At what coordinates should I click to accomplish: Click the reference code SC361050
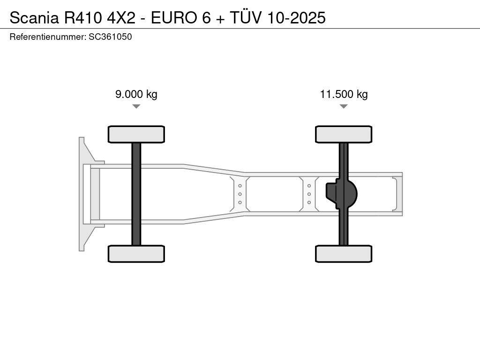coord(110,37)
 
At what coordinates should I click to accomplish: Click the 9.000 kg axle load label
coord(136,94)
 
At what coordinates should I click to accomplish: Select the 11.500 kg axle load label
coord(344,94)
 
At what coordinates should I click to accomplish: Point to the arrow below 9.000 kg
coord(136,106)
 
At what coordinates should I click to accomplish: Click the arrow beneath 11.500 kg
coord(344,106)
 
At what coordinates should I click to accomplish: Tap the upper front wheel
coord(136,134)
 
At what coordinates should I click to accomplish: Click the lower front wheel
coord(136,254)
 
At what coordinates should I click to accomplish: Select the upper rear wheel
coord(344,134)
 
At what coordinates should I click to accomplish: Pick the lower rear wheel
coord(344,254)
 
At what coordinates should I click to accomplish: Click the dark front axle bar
coord(136,194)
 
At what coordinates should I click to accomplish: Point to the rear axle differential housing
coord(341,194)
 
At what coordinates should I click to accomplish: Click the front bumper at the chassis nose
coord(82,194)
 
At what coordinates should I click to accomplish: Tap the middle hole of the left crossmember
coord(240,194)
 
